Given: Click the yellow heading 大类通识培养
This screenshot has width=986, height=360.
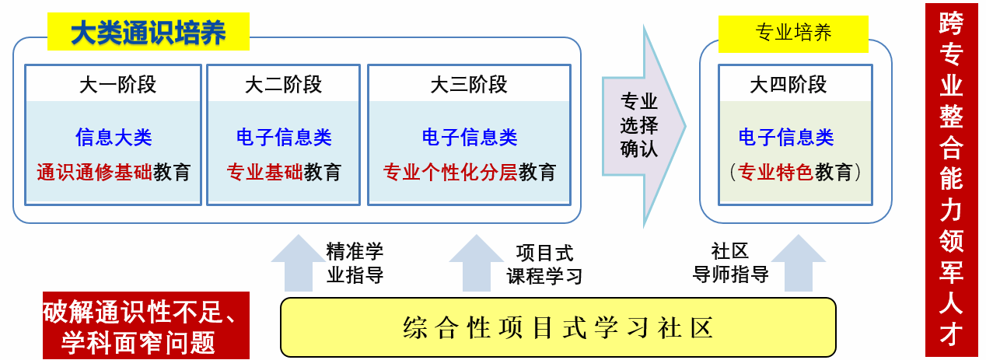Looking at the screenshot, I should tap(148, 33).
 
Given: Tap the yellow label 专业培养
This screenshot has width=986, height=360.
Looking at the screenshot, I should tap(793, 33).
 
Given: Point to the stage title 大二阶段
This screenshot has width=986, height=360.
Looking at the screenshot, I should tap(283, 84).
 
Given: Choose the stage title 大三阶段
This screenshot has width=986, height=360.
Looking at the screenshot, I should tap(469, 84).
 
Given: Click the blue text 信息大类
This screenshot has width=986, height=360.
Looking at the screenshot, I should tap(114, 138).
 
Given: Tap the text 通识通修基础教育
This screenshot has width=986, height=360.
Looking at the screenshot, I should tap(114, 172).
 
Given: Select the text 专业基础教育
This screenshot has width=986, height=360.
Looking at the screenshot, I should tap(283, 172).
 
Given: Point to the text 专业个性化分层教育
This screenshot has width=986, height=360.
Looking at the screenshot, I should tap(469, 172).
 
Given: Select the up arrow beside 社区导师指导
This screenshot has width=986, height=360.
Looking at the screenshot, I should tap(798, 264).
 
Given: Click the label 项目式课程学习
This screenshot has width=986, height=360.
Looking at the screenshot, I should tap(544, 264).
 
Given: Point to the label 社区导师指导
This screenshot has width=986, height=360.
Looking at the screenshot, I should tap(730, 263).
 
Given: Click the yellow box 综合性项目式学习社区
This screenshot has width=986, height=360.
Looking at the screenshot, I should tap(558, 327).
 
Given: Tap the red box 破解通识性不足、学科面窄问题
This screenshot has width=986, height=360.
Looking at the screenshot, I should tap(145, 326).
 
